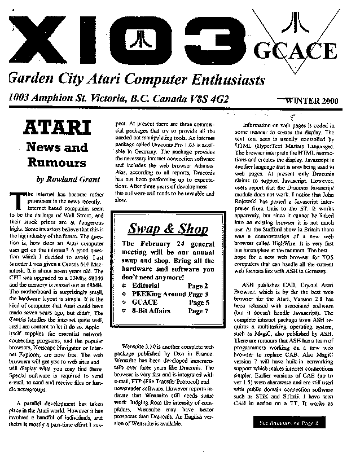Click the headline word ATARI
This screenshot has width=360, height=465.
point(55,127)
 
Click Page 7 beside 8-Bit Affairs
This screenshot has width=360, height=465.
point(199,310)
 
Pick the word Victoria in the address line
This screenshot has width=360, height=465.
point(99,98)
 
